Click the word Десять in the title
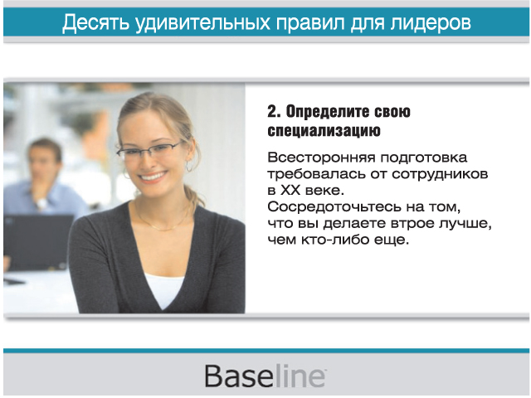(x=96, y=22)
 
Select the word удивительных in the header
(x=202, y=23)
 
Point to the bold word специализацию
(x=324, y=131)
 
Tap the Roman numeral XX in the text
(x=290, y=190)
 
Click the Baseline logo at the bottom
(x=265, y=376)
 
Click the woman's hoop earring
(x=189, y=166)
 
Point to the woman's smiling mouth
(x=153, y=177)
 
